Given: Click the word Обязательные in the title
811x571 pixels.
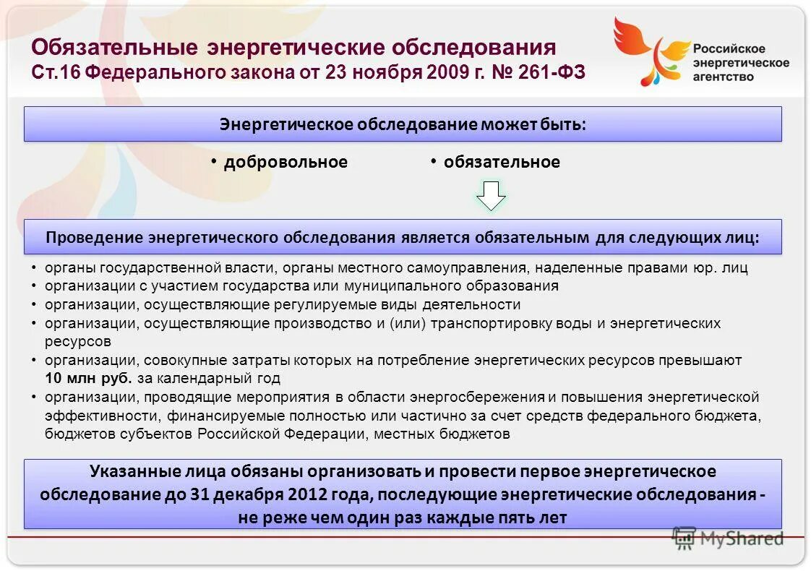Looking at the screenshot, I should (113, 48).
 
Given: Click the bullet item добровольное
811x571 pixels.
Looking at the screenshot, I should (286, 162).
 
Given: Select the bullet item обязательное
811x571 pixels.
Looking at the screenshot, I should (502, 162).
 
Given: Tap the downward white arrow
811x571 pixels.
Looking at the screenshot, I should (491, 196).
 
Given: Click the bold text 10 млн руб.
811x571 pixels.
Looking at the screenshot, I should (88, 378).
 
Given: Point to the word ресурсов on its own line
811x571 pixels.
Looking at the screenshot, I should (77, 340).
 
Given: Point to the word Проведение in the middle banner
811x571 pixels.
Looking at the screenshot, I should (93, 238).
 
